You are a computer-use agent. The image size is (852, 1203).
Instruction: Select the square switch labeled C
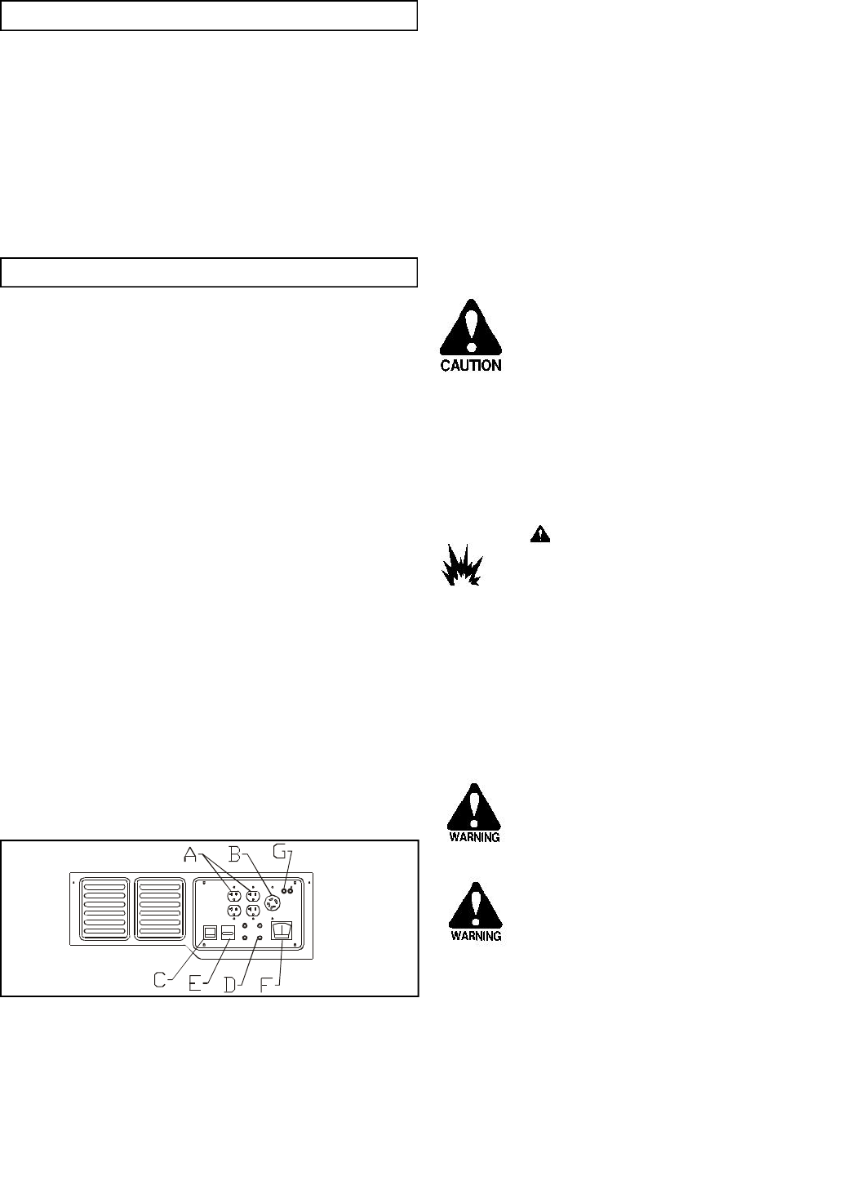(210, 933)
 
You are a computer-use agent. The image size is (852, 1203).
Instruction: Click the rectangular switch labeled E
(228, 933)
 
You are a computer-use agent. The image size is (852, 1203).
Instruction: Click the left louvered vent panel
(104, 907)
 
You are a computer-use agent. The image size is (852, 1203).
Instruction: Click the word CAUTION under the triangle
(471, 366)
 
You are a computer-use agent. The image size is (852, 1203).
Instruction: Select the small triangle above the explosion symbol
(539, 534)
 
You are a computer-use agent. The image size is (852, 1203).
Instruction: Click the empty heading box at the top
(209, 16)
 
